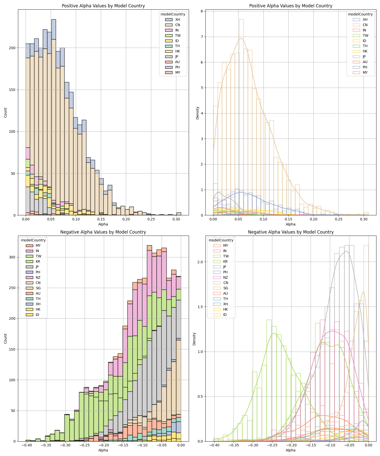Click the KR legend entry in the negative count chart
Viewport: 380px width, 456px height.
(38, 261)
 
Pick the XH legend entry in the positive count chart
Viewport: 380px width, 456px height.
(178, 20)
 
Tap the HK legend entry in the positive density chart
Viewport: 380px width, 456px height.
(365, 51)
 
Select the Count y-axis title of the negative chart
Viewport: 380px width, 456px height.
(6, 338)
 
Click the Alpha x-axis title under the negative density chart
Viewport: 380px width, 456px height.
(291, 450)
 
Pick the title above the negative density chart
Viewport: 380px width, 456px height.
(291, 232)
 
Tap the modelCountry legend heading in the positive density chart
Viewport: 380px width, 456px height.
(360, 14)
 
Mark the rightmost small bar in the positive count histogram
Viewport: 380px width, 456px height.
(179, 214)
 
